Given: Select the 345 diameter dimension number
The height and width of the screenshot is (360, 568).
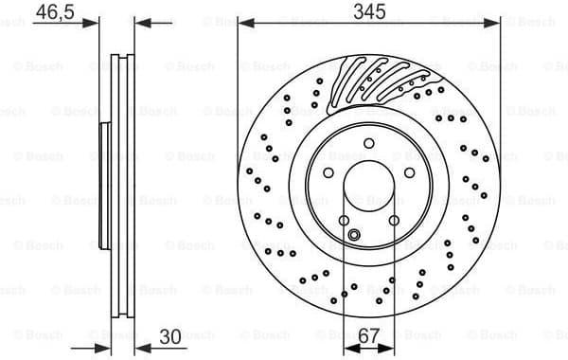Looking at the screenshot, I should tap(368, 12).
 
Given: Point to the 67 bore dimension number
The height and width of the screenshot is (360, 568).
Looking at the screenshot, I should tap(368, 337).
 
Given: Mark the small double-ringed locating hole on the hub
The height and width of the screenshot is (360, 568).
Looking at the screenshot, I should tap(354, 235).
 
